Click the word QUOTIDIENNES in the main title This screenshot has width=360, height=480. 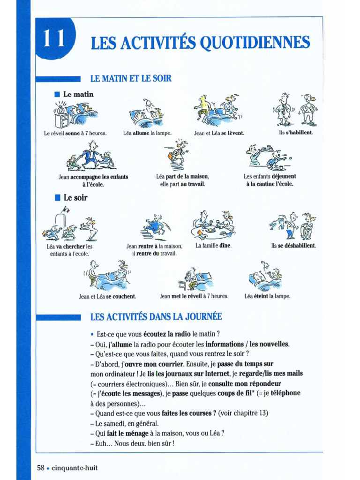point(255,43)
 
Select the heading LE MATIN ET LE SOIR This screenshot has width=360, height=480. point(131,78)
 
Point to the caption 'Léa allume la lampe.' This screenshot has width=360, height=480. point(147,133)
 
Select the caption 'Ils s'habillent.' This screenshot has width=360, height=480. point(295,133)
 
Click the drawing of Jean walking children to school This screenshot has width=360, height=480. point(91,157)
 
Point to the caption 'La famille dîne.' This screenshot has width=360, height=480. point(213,246)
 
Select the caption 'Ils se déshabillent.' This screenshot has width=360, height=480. point(293,246)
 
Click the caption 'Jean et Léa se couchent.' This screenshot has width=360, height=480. point(107,296)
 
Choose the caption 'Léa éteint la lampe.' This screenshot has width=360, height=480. point(267,296)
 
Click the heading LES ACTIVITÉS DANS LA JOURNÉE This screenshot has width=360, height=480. point(156,317)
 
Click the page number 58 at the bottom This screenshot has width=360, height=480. point(41,467)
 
